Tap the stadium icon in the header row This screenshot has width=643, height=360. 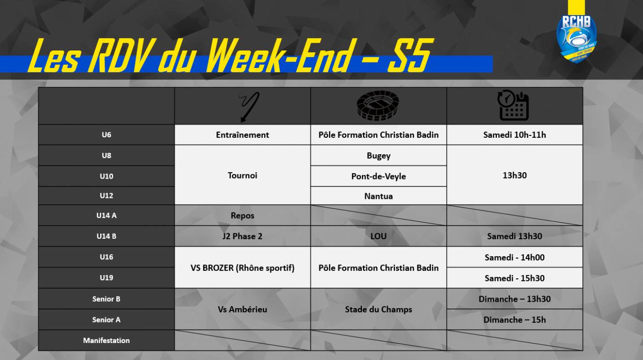pos(378,106)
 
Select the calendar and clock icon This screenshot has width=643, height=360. pos(513,105)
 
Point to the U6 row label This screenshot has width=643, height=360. pos(106,135)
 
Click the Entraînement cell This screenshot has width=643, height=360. pos(243,135)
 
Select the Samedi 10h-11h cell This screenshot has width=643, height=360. pos(515,135)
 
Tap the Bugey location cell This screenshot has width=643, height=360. pos(378,155)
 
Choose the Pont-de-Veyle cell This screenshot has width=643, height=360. pos(378,176)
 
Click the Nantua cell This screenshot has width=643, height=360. pos(378,196)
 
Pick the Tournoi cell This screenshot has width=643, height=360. pos(243,175)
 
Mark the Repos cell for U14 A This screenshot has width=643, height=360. pos(243,215)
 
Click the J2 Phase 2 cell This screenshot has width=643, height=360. pos(243,236)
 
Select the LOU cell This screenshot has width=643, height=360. pos(378,236)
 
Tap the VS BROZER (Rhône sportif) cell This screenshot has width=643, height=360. pos(243,268)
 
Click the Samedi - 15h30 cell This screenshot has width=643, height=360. pos(515,278)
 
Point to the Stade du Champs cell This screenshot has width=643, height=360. pos(378,309)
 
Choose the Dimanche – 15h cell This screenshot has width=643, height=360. pos(515,320)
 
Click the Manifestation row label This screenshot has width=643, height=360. pos(106,340)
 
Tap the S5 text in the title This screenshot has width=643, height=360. pos(410,55)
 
